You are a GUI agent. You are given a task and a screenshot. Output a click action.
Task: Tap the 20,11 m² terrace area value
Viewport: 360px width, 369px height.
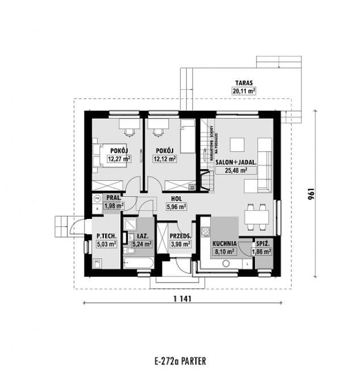click(x=243, y=90)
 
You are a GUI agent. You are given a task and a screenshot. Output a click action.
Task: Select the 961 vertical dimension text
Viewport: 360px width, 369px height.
click(x=311, y=193)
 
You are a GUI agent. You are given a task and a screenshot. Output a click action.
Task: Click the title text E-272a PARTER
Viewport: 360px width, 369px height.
click(x=179, y=360)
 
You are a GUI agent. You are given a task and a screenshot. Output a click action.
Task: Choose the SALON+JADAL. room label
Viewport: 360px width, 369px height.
click(x=236, y=162)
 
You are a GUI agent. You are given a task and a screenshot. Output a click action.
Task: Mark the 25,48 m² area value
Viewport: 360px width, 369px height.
click(x=236, y=170)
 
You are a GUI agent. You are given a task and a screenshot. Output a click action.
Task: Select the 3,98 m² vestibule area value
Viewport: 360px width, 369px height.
click(x=180, y=244)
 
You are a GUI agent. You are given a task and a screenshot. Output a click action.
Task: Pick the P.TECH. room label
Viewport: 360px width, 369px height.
click(x=106, y=235)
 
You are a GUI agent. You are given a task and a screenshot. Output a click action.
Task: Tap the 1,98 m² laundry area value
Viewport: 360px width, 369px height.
click(x=114, y=206)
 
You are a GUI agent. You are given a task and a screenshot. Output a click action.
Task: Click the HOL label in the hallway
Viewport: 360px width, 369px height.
click(x=176, y=199)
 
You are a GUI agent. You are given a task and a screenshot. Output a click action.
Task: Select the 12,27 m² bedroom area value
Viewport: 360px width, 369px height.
click(x=118, y=159)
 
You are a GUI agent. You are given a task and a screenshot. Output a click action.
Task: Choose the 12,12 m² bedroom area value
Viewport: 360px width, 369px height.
click(x=165, y=159)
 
